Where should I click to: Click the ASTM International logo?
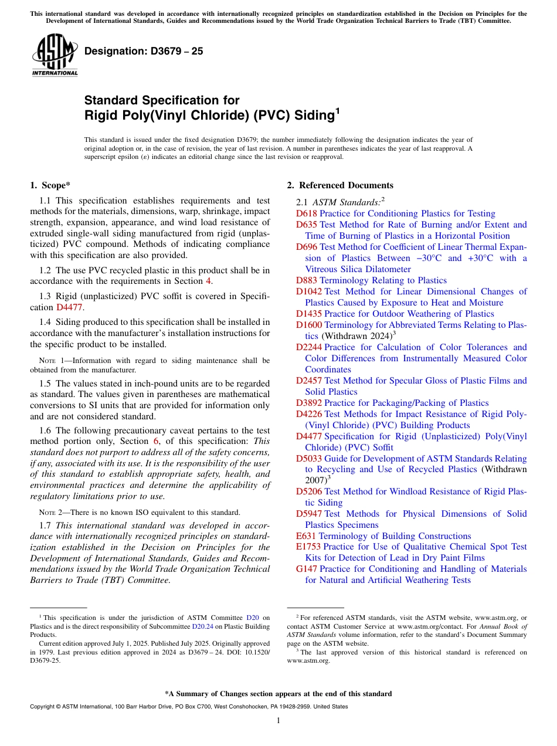(x=55, y=55)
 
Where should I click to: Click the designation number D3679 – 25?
(x=144, y=51)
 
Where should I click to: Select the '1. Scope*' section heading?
(x=50, y=186)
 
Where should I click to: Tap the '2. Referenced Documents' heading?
(x=340, y=186)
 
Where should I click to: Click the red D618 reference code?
(x=306, y=214)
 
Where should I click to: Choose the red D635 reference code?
(x=306, y=225)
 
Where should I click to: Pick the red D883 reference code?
(x=306, y=280)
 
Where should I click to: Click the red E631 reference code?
(x=305, y=537)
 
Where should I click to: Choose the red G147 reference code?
(x=307, y=569)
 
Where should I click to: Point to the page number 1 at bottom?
(x=278, y=721)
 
